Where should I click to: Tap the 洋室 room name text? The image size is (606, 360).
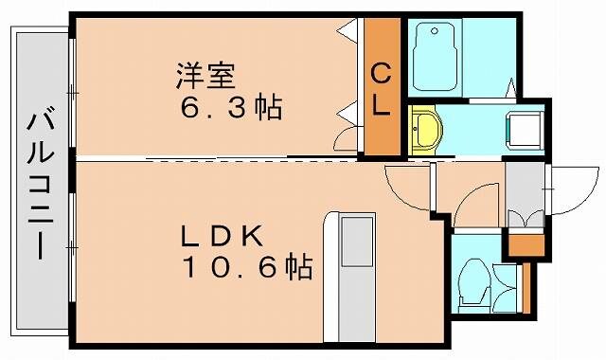tap(205, 73)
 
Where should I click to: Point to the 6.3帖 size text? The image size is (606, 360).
tap(232, 107)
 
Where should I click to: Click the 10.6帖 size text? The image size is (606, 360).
tap(248, 269)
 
